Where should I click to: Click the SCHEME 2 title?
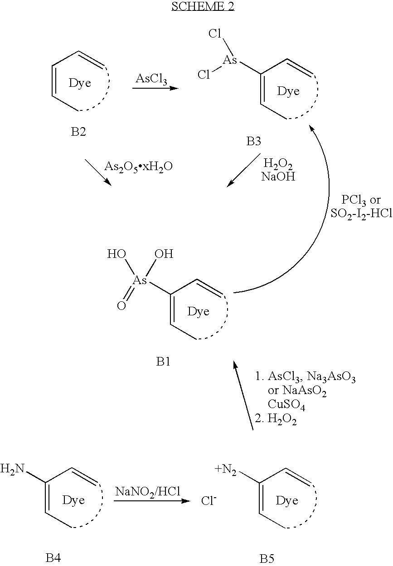203,6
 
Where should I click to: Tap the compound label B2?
78,132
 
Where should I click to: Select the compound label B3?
254,142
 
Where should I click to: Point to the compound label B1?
163,362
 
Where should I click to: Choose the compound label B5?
267,558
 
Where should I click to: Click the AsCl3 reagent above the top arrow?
151,79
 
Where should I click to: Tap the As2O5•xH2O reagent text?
139,167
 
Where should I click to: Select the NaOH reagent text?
278,176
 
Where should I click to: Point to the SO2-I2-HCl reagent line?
362,214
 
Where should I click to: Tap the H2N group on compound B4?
12,469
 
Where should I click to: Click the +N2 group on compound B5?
225,470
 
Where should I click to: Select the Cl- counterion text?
209,500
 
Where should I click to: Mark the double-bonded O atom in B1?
121,306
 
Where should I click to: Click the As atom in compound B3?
230,60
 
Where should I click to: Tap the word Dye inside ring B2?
80,83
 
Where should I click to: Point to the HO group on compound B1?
117,254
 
